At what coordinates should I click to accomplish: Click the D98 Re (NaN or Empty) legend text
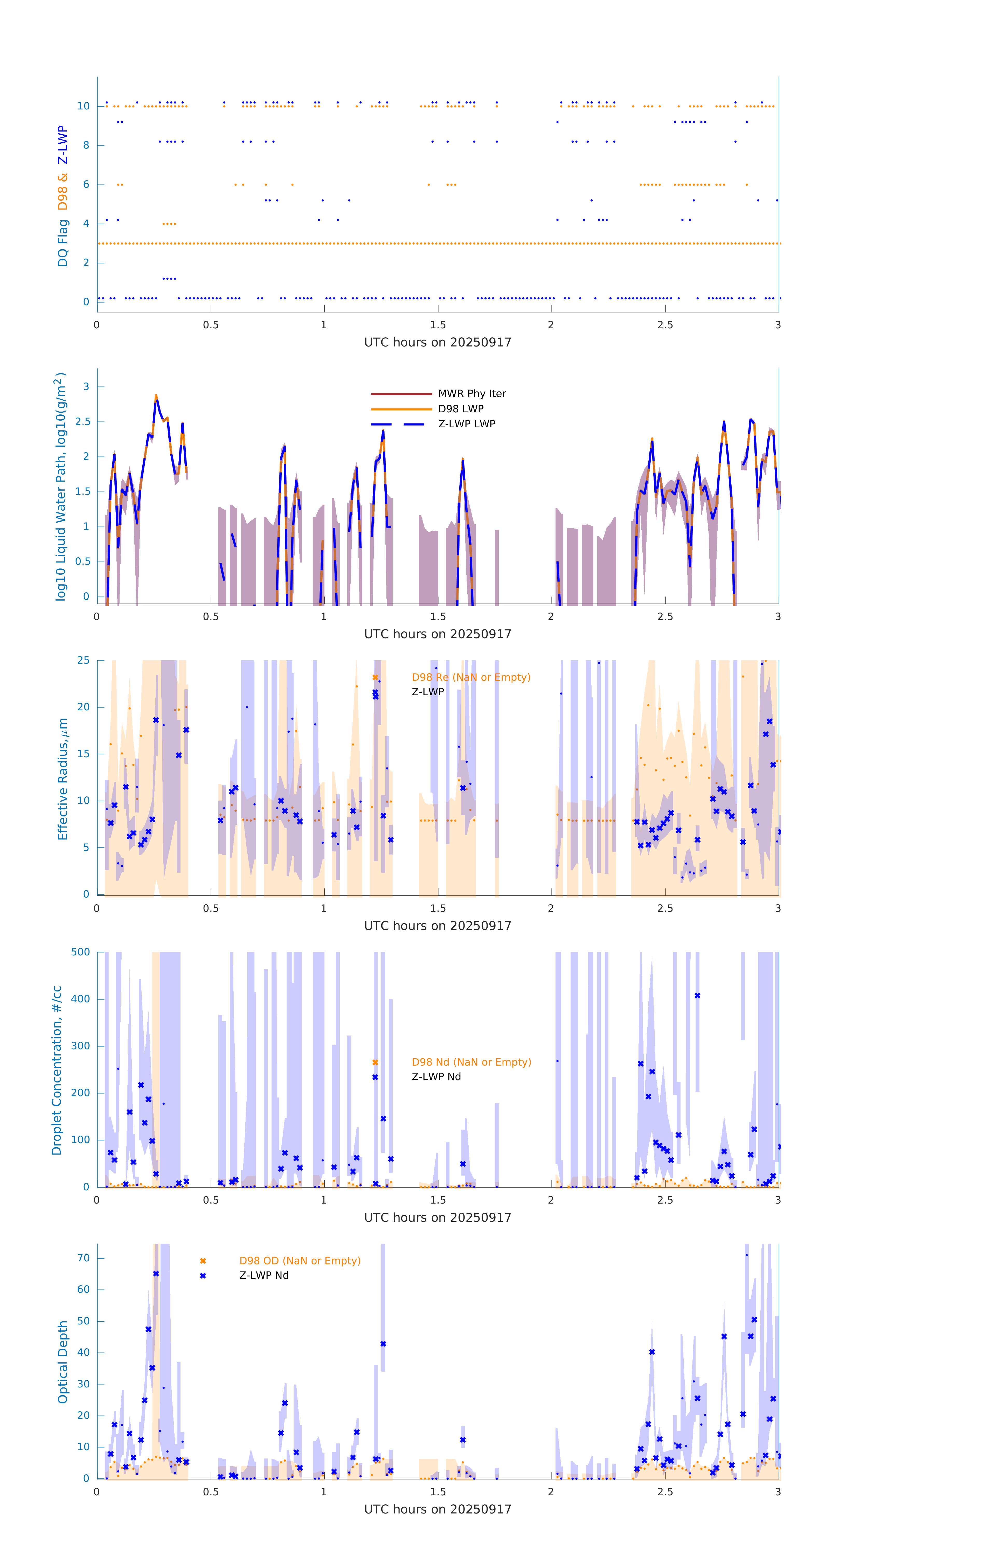pyautogui.click(x=470, y=677)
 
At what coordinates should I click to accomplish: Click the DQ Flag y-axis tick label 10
pyautogui.click(x=83, y=106)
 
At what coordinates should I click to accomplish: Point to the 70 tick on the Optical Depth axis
pyautogui.click(x=83, y=1258)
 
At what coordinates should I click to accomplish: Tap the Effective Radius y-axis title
pyautogui.click(x=63, y=779)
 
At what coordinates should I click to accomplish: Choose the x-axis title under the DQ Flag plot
pyautogui.click(x=438, y=343)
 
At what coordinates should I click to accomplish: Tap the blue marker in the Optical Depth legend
pyautogui.click(x=203, y=1275)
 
